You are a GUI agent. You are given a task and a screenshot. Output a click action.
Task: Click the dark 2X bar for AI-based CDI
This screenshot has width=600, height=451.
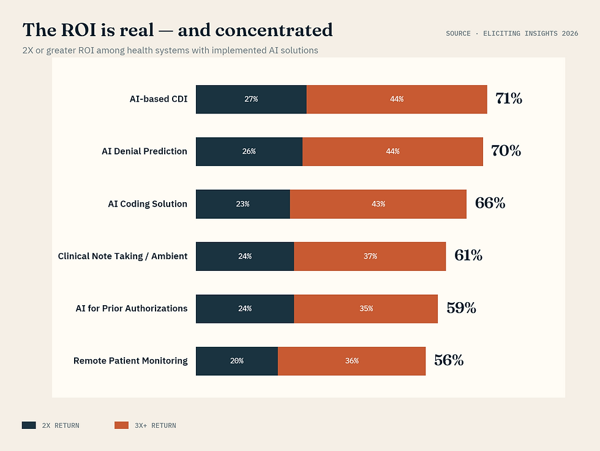[x=251, y=99]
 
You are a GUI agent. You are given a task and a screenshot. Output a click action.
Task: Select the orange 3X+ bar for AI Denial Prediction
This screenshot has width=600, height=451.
[x=392, y=151]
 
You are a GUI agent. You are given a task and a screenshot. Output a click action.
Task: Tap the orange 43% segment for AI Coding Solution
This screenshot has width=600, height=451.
[x=378, y=204]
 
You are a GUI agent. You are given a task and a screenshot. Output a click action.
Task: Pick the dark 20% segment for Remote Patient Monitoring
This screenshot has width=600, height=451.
[x=237, y=361]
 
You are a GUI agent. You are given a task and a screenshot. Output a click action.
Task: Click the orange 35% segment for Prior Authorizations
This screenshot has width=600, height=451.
[x=366, y=309]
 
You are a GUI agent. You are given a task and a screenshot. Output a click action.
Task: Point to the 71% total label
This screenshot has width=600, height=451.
[x=509, y=99]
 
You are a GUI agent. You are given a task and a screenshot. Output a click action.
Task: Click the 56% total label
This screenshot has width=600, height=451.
[x=449, y=360]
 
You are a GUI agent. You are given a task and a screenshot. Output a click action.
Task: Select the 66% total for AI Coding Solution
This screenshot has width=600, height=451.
[x=490, y=203]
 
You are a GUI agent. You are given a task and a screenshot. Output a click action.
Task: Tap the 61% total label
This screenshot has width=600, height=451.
[x=468, y=256]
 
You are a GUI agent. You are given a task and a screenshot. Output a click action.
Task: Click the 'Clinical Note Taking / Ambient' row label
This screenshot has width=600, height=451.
[x=122, y=256]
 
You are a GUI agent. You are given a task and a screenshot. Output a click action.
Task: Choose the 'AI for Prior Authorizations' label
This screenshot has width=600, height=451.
[x=132, y=308]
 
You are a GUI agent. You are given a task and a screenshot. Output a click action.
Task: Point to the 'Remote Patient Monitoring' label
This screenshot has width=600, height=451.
[x=130, y=361]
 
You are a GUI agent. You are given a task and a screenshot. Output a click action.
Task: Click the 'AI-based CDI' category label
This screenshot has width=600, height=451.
[x=159, y=99]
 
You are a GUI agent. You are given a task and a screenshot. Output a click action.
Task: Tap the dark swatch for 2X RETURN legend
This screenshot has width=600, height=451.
[x=29, y=425]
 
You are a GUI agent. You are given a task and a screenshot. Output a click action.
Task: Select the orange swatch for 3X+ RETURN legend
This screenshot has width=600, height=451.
[x=121, y=425]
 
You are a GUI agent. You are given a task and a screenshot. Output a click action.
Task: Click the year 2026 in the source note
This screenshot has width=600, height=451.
[x=569, y=34]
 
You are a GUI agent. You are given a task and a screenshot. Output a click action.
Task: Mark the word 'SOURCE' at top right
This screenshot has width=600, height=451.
[x=458, y=34]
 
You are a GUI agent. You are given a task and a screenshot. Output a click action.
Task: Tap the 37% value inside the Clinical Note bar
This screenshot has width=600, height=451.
[x=370, y=256]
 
